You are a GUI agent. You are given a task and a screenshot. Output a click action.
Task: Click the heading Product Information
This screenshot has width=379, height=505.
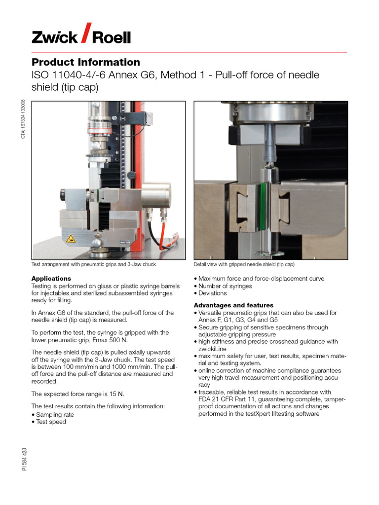(x=86, y=62)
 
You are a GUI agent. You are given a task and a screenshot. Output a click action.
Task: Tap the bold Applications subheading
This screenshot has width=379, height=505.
(x=51, y=279)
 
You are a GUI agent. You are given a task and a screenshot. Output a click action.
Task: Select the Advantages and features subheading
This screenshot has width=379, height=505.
(x=233, y=305)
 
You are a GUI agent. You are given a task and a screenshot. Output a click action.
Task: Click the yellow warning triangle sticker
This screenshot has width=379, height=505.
(x=72, y=239)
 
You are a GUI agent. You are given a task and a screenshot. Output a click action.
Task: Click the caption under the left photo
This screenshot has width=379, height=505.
(x=93, y=265)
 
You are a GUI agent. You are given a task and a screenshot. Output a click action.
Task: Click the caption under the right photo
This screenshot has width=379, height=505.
(x=244, y=265)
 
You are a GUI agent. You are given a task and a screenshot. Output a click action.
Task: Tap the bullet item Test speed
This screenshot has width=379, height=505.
(x=51, y=422)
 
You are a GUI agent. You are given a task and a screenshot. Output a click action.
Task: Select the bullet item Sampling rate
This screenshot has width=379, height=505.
(x=55, y=415)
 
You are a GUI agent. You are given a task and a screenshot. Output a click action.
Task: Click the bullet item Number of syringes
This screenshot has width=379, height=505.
(x=225, y=286)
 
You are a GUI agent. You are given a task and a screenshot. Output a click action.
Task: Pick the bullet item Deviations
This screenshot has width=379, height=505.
(x=213, y=293)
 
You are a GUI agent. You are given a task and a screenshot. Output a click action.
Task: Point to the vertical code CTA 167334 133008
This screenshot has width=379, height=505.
(x=23, y=119)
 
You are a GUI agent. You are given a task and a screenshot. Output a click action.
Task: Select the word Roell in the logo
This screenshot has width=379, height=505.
(x=112, y=37)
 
